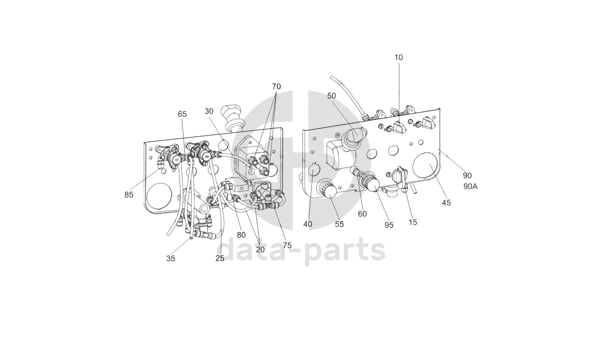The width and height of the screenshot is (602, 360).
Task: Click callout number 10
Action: pos(398,58)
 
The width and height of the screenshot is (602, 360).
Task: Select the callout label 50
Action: pos(331,96)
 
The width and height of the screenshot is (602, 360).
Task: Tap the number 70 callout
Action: pos(276,87)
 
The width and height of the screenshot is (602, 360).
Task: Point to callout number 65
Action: pos(182,114)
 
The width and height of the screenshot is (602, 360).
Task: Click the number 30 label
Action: pos(209,111)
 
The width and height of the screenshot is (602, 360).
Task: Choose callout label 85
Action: pos(129,195)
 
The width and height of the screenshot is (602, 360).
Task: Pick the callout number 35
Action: pos(171,259)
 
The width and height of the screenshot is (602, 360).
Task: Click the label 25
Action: pos(219,258)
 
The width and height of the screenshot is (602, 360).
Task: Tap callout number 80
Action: pos(241,235)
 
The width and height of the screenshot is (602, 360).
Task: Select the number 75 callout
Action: pos(287,245)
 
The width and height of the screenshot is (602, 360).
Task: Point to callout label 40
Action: pos(307,224)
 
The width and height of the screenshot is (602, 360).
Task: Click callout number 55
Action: pos(339,224)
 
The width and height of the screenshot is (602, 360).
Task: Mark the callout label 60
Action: pos(362,213)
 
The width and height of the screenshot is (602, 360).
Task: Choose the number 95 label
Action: pos(389,225)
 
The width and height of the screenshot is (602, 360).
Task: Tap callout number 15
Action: pos(413,222)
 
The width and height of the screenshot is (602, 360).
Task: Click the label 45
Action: pos(446,202)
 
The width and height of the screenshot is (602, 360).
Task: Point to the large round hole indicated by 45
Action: pos(425,166)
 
